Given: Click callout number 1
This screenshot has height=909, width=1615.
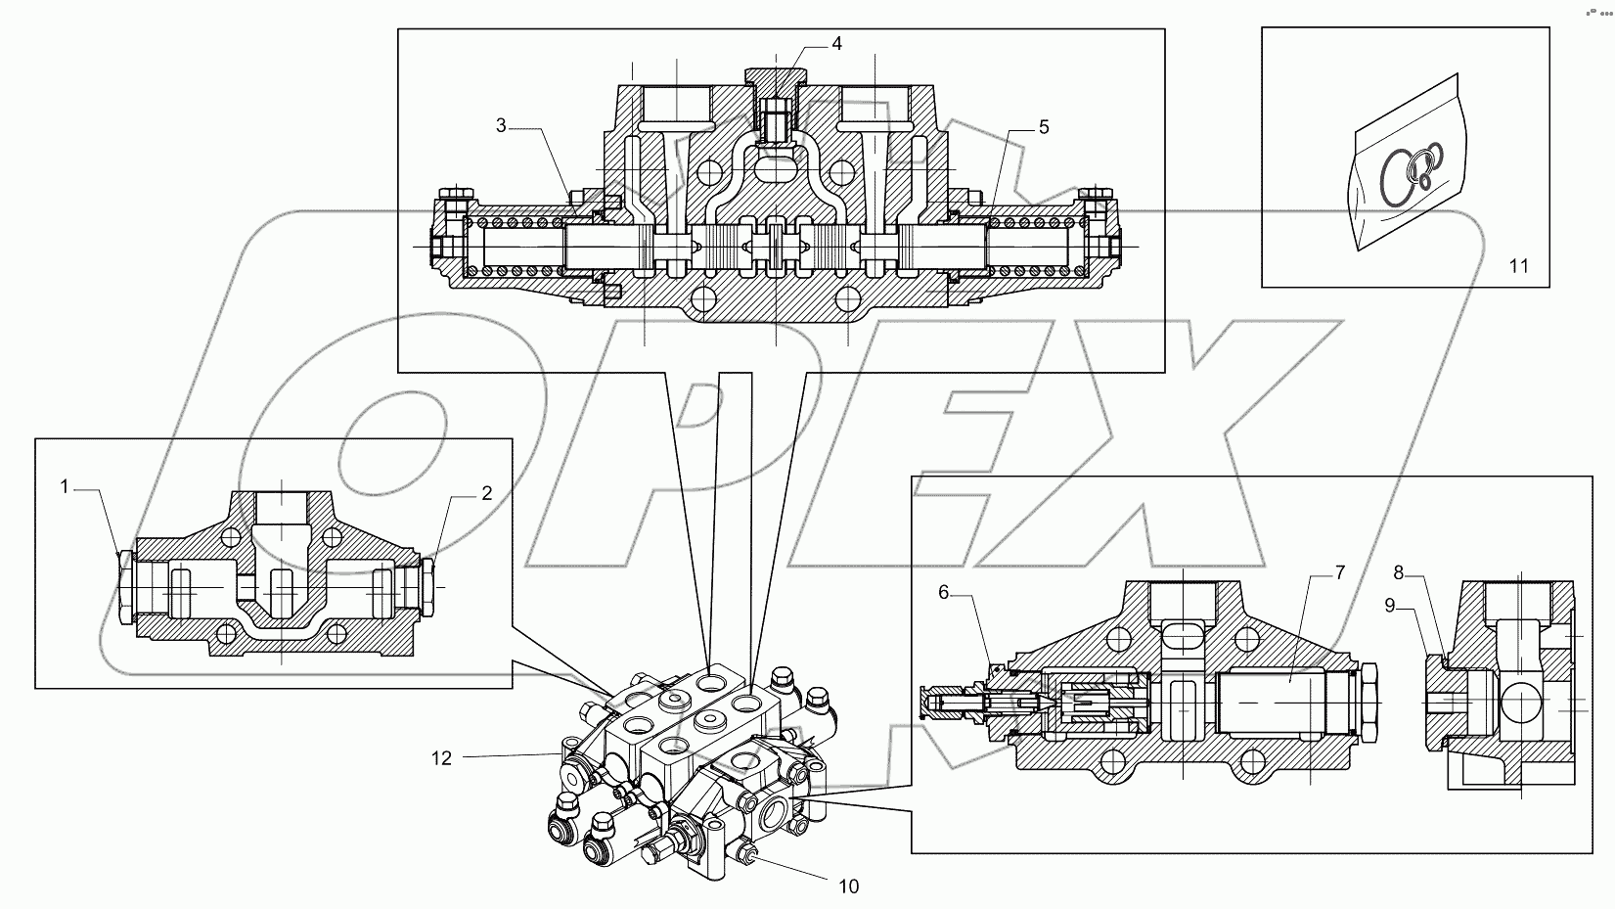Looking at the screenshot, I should point(65,486).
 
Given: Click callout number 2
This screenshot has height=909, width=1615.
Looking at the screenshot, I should point(486,493).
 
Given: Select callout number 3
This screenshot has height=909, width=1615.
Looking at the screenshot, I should point(501,124).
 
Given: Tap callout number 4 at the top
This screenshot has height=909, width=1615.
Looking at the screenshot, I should point(836,43).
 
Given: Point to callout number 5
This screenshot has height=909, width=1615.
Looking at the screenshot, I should point(1044,127).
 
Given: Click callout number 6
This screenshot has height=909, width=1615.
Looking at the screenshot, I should point(943,592).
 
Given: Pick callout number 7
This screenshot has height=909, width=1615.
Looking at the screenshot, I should point(1339,572).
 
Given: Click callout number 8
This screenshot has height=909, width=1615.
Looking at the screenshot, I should point(1399,572).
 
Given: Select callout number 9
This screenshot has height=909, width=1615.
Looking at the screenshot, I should point(1389,605).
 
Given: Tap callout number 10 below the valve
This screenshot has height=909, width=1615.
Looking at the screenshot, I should point(848,886).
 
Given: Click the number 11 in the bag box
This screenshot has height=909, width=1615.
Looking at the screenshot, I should point(1518,265).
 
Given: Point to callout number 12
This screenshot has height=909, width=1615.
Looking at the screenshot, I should point(442,757).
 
